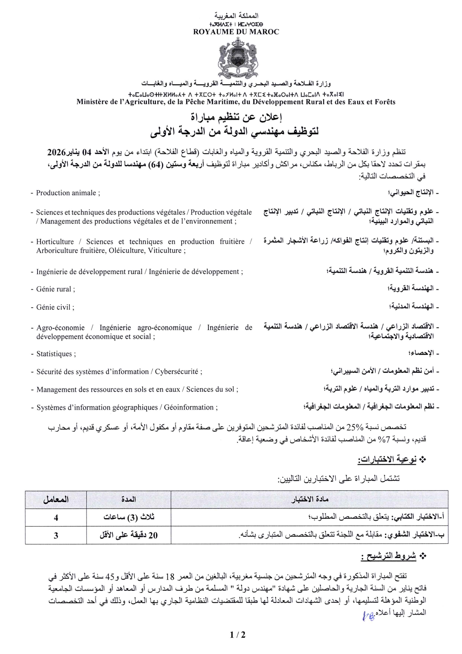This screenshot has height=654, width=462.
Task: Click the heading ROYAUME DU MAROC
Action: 236,32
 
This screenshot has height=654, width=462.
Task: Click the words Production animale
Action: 66,193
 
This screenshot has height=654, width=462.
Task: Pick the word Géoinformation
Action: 189,407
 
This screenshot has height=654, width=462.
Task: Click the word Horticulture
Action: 55,242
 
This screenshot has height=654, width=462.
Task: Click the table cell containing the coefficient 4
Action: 56,517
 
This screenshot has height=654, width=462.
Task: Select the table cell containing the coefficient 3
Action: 56,535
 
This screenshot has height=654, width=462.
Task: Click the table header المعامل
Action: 56,500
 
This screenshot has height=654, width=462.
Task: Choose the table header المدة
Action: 128,500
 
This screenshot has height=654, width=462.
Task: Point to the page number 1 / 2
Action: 238,635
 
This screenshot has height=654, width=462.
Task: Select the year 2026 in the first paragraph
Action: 56,153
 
